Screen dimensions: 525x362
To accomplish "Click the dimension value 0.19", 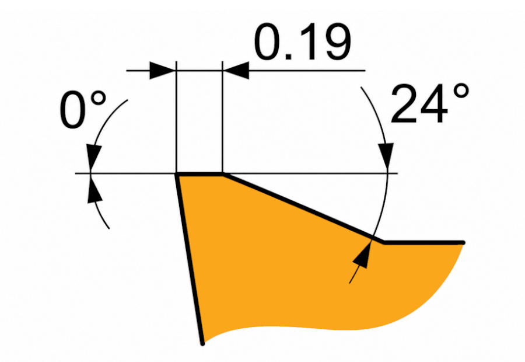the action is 302,41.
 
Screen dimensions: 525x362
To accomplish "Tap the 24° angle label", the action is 430,104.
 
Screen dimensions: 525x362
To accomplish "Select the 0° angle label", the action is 83,109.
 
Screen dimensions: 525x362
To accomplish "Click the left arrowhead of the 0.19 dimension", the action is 162,71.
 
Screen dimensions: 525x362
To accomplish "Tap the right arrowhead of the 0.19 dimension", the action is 236,71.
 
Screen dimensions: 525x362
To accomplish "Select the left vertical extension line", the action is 176,117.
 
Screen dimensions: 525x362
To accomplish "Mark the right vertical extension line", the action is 222,117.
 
